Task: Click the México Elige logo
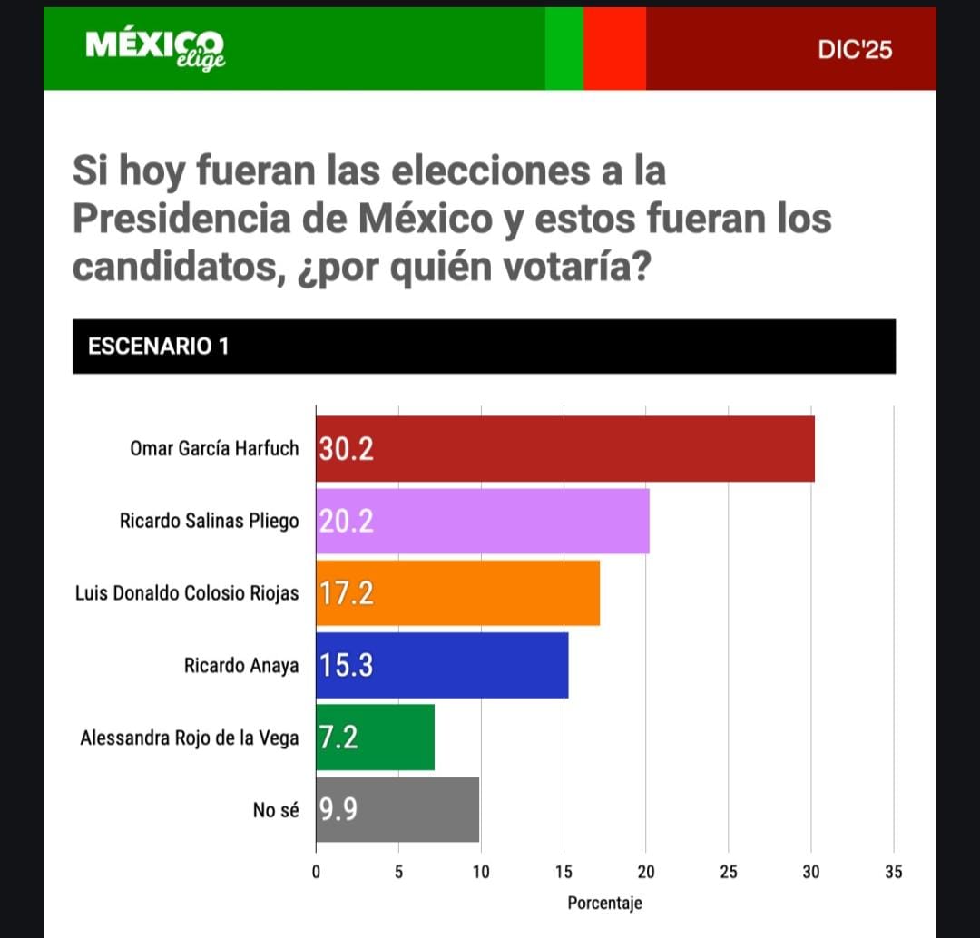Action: click(154, 47)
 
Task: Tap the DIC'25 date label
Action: click(854, 50)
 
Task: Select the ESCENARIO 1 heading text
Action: click(158, 346)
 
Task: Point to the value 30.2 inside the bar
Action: click(347, 449)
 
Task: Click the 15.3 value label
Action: click(347, 665)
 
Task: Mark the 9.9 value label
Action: click(338, 809)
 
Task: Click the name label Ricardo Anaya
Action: click(240, 666)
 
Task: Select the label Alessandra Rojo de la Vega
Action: click(189, 738)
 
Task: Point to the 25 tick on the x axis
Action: click(729, 873)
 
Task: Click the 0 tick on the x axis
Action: click(316, 873)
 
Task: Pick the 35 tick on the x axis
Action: click(894, 873)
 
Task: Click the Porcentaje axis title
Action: click(604, 904)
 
